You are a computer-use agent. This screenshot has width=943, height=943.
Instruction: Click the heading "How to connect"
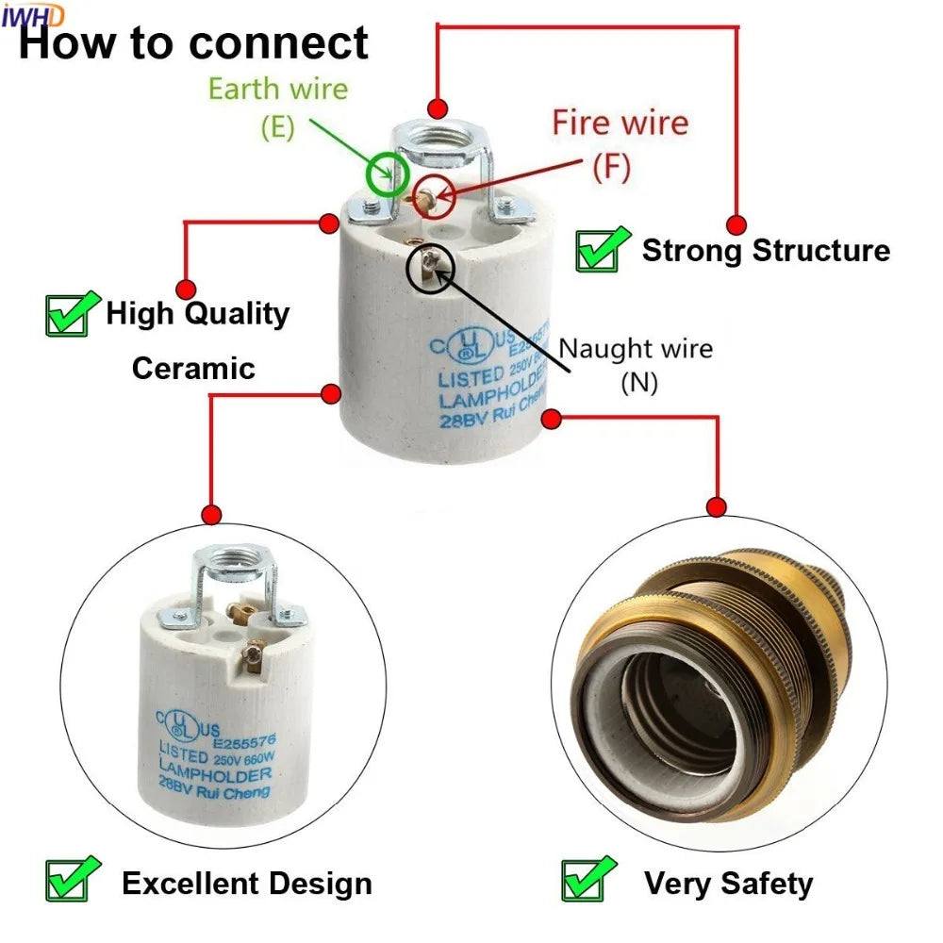pyautogui.click(x=193, y=43)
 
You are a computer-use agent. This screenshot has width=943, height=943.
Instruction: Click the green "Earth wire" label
pyautogui.click(x=277, y=90)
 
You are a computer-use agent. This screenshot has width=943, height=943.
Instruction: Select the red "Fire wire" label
pyautogui.click(x=620, y=123)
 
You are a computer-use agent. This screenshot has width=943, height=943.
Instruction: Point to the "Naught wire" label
pyautogui.click(x=636, y=349)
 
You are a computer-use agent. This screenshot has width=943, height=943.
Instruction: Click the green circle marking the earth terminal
pyautogui.click(x=388, y=174)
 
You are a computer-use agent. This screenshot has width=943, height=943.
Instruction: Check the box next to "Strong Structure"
pyautogui.click(x=603, y=250)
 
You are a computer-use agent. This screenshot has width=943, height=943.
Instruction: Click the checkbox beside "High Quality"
pyautogui.click(x=72, y=314)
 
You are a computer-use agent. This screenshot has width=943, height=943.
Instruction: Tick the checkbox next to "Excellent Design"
pyautogui.click(x=72, y=879)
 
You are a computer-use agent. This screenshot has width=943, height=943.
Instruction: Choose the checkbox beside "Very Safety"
pyautogui.click(x=587, y=879)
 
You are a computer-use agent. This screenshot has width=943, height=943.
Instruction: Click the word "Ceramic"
pyautogui.click(x=193, y=368)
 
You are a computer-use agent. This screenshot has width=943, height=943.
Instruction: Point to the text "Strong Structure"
pyautogui.click(x=766, y=251)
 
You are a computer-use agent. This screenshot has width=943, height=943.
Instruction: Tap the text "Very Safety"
pyautogui.click(x=728, y=884)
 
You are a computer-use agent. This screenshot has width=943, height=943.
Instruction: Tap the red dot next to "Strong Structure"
pyautogui.click(x=736, y=224)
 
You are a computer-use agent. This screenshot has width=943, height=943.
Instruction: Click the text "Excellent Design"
pyautogui.click(x=247, y=884)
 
